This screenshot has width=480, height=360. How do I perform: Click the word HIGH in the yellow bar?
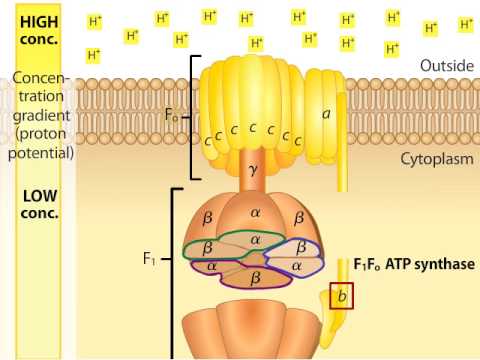click(x=39, y=21)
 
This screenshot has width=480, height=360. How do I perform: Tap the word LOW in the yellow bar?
click(x=39, y=184)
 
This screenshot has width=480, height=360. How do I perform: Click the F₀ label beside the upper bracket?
click(x=172, y=115)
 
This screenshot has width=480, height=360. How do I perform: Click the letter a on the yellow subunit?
click(x=326, y=113)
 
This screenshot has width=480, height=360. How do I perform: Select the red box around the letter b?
click(x=341, y=296)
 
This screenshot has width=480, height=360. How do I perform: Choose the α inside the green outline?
click(x=254, y=240)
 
